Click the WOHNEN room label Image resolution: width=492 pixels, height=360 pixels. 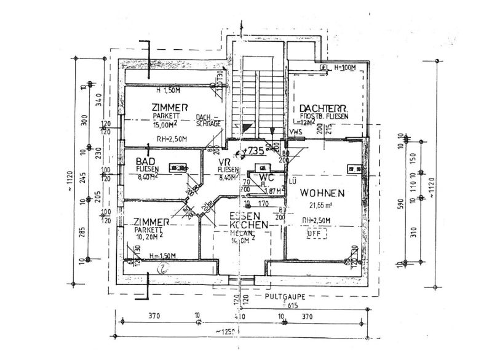[322, 193]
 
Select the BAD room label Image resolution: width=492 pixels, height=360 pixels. [145, 161]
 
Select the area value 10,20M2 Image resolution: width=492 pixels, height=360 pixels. [149, 236]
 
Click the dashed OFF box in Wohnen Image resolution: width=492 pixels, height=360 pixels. [314, 234]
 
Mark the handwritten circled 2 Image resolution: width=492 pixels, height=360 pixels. [163, 268]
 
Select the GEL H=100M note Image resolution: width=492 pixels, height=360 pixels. [339, 67]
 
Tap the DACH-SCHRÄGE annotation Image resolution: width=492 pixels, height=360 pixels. [206, 120]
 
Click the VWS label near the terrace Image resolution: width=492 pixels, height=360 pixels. [296, 131]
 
